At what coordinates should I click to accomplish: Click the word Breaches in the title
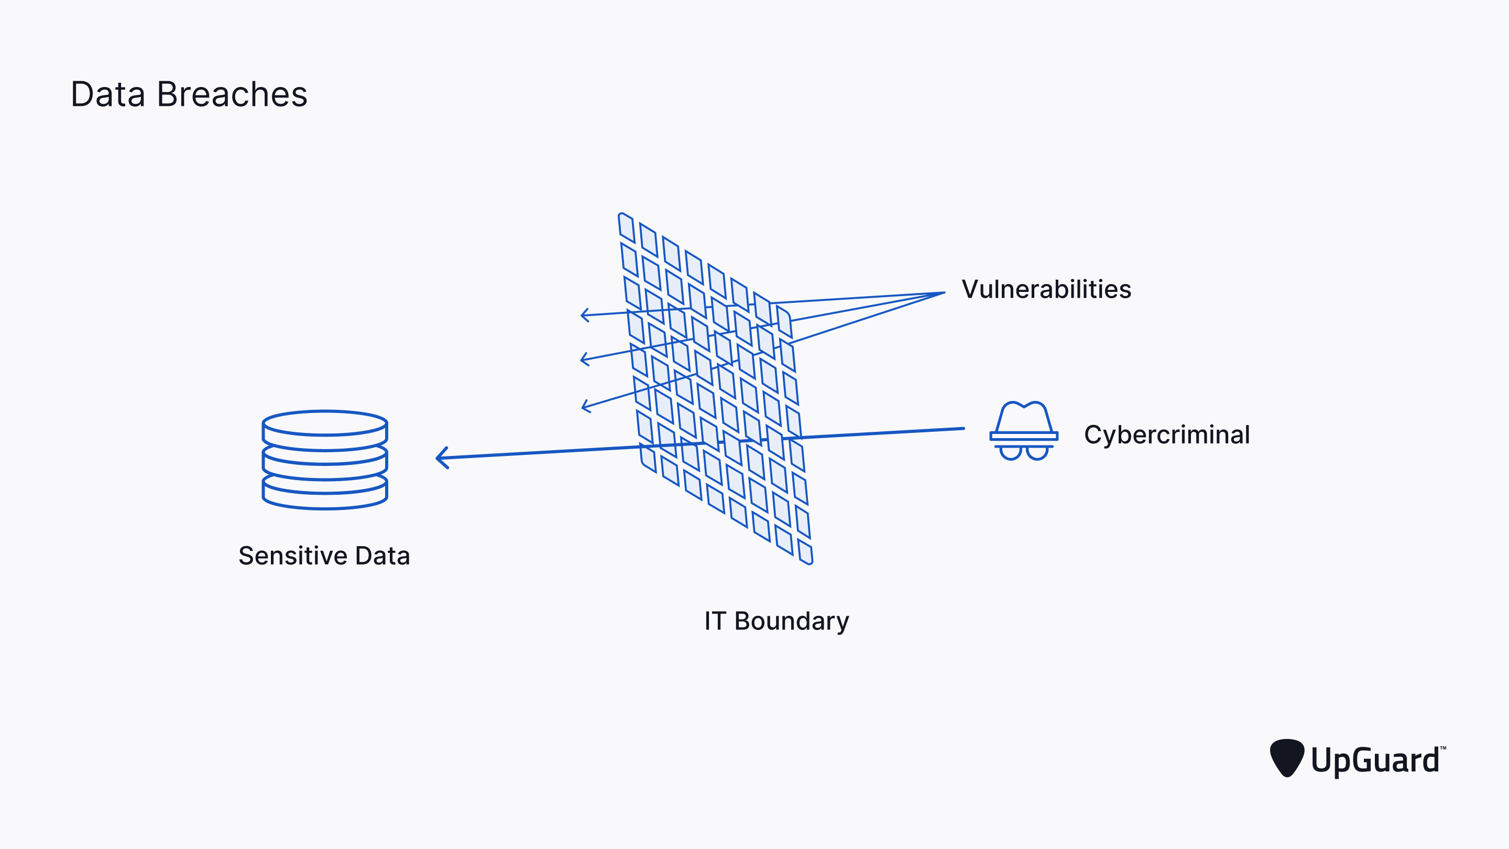coord(232,94)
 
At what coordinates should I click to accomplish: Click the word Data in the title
coord(108,94)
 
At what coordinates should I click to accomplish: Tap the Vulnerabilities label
coord(1046,289)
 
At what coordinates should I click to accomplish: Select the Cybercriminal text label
coord(1166,435)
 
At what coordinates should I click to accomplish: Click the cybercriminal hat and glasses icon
coord(1023,431)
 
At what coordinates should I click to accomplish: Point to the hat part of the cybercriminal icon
coord(1023,418)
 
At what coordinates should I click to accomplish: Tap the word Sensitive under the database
coord(292,556)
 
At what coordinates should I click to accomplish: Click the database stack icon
coord(324,460)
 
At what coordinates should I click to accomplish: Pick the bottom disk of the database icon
coord(324,495)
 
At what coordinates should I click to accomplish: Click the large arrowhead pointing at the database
coord(441,458)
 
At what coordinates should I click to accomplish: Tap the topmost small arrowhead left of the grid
coord(584,315)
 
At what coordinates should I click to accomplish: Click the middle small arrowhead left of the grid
coord(584,358)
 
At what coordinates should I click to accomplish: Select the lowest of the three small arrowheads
coord(585,406)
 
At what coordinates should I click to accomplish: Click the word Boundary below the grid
coord(791,621)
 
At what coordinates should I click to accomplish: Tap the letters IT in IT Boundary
coord(715,621)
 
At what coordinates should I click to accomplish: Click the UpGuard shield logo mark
coord(1286,758)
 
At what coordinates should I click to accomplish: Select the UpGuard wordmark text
coord(1375,760)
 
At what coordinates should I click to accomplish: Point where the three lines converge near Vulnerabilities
coord(943,293)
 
